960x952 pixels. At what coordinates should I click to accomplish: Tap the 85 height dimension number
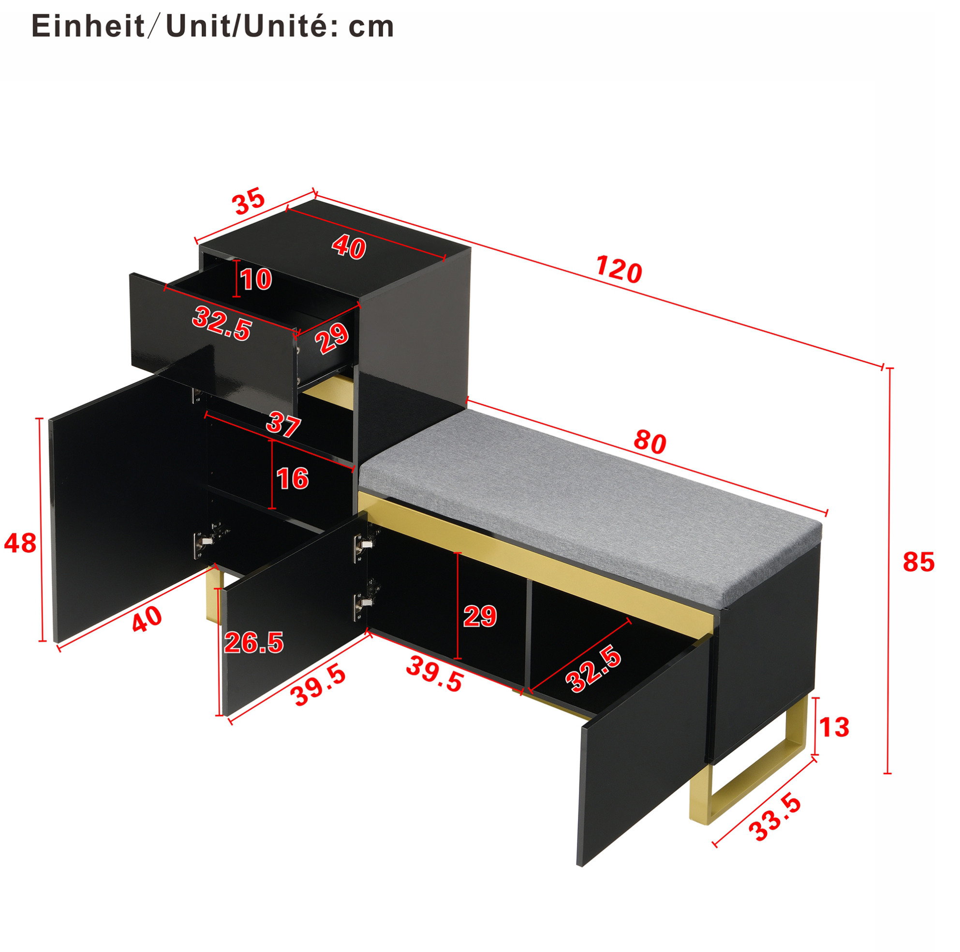pos(918,563)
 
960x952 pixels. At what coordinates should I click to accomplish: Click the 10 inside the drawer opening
pos(256,279)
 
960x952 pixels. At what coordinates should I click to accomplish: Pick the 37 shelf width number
pos(284,425)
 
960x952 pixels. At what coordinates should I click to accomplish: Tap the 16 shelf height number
pos(293,478)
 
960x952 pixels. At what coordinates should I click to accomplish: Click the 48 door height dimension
pos(20,543)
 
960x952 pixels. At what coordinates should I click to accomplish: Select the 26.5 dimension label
pos(254,643)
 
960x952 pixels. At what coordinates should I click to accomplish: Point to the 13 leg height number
pos(834,728)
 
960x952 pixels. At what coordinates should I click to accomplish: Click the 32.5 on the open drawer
pos(222,324)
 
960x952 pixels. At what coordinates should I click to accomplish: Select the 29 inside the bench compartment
pos(480,616)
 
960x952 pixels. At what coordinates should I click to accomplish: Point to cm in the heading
pos(371,28)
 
